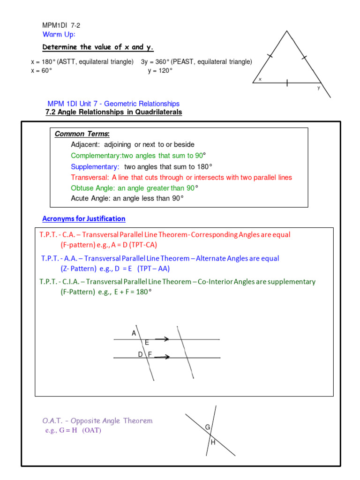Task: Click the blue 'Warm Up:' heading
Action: point(59,35)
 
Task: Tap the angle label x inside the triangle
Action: point(260,79)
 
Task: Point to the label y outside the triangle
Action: point(319,88)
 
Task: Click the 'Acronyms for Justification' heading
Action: point(84,219)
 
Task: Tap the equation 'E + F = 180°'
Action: point(132,292)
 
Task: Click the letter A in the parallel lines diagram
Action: point(134,333)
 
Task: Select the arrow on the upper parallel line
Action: point(162,339)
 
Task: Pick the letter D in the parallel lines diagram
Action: point(140,355)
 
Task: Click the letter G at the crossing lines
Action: point(207,427)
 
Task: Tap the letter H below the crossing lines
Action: point(213,442)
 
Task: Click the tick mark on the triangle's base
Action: point(287,83)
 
